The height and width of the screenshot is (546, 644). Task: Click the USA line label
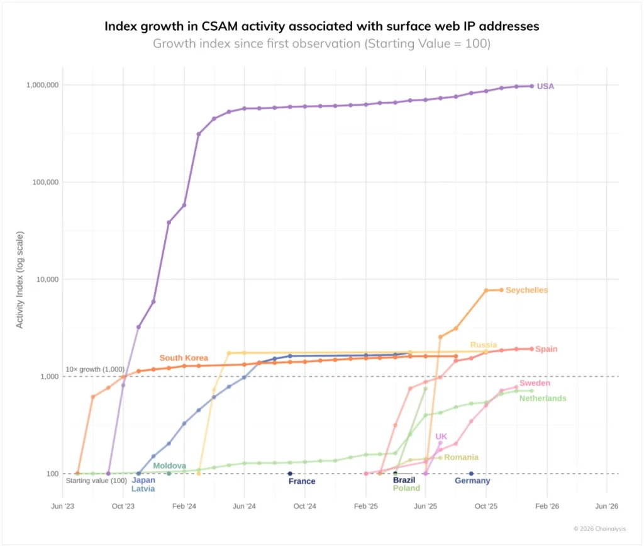click(x=545, y=86)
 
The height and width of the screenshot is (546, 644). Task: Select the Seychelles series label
click(x=526, y=290)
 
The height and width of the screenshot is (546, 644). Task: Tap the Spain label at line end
click(x=546, y=349)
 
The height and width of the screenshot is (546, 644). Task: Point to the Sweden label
click(x=535, y=383)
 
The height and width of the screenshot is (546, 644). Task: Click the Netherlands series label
click(x=542, y=398)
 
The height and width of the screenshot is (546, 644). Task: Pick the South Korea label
click(x=184, y=358)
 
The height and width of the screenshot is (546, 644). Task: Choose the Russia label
click(x=484, y=345)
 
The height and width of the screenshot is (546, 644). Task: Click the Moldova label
click(x=169, y=465)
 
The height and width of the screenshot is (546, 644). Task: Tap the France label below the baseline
click(x=302, y=481)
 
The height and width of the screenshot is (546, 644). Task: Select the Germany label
click(x=472, y=481)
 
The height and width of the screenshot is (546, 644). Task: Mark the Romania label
click(x=461, y=457)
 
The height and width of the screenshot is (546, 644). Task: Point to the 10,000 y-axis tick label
click(x=45, y=279)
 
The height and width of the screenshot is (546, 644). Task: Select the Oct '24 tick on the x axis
click(x=304, y=505)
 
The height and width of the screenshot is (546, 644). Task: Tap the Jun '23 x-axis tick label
click(x=62, y=505)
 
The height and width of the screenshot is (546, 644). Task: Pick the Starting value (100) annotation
click(x=96, y=481)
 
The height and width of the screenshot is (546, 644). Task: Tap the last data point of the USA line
click(x=531, y=86)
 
